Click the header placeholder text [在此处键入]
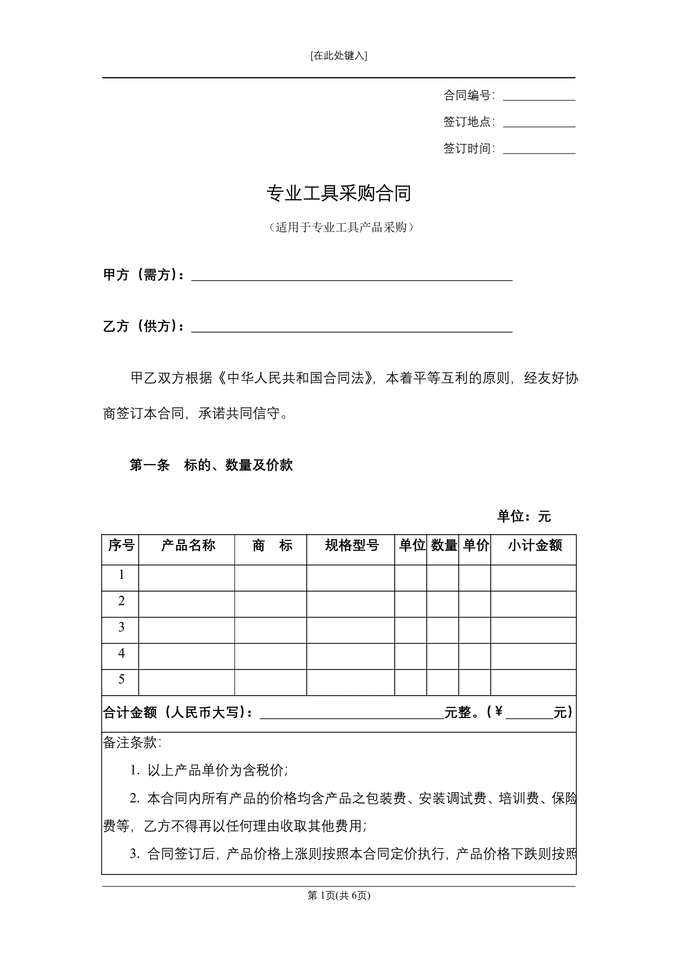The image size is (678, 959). (x=338, y=55)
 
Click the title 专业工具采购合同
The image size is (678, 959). (x=338, y=193)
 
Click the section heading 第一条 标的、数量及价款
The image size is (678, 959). (x=211, y=465)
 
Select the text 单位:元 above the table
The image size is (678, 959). (x=523, y=517)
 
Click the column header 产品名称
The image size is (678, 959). (x=188, y=545)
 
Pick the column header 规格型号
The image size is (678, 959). (x=351, y=545)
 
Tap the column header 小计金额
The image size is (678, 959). (x=535, y=545)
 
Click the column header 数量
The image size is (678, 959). (x=444, y=545)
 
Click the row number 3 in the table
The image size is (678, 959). (x=122, y=626)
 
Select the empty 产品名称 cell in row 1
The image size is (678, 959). (x=186, y=578)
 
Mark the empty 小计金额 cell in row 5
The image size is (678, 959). (x=533, y=683)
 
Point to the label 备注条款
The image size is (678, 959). (x=132, y=743)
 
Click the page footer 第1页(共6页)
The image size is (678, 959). (x=338, y=895)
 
